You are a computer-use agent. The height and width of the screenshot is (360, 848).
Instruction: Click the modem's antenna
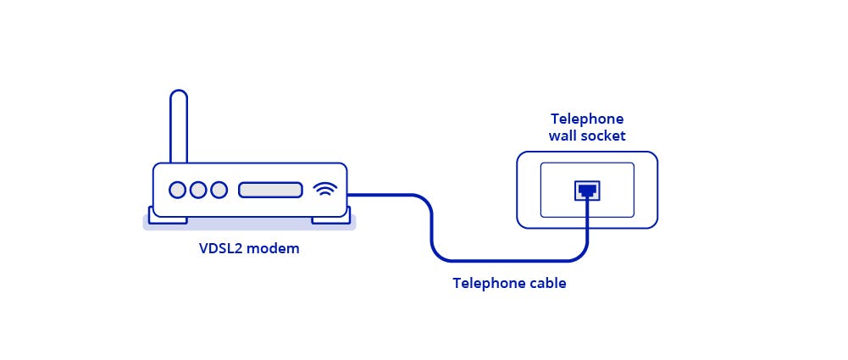coord(178,127)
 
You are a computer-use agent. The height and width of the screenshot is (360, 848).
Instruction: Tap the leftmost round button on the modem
coord(177,190)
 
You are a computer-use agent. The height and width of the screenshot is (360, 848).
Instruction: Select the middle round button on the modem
coord(198,190)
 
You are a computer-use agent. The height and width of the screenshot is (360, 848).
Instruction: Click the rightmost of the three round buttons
coord(219,190)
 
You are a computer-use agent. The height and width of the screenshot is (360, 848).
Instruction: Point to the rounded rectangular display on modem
coord(270,190)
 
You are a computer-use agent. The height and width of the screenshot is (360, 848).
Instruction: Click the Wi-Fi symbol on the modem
coord(324,189)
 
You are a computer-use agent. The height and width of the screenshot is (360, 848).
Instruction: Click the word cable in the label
coord(546,284)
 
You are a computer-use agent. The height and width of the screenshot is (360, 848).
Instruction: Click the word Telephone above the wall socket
coord(587,119)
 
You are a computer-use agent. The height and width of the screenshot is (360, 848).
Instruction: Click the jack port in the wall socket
coord(587,190)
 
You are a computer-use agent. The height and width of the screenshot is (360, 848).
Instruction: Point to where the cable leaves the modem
coord(351,196)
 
